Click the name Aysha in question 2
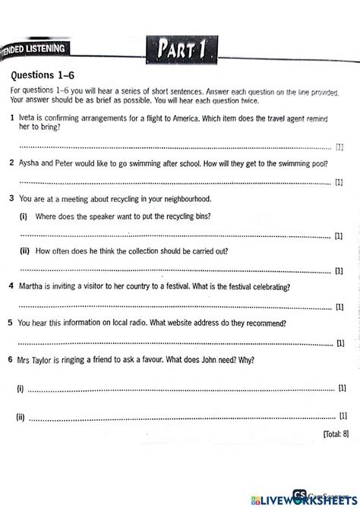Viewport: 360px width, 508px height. [x=28, y=163]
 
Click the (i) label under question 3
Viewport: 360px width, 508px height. [x=24, y=216]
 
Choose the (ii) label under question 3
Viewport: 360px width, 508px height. [x=25, y=251]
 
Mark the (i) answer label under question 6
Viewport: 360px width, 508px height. [x=21, y=388]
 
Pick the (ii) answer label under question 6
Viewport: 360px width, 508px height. [x=21, y=417]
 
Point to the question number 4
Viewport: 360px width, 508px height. [x=11, y=287]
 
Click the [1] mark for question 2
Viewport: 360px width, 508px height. [x=339, y=183]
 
